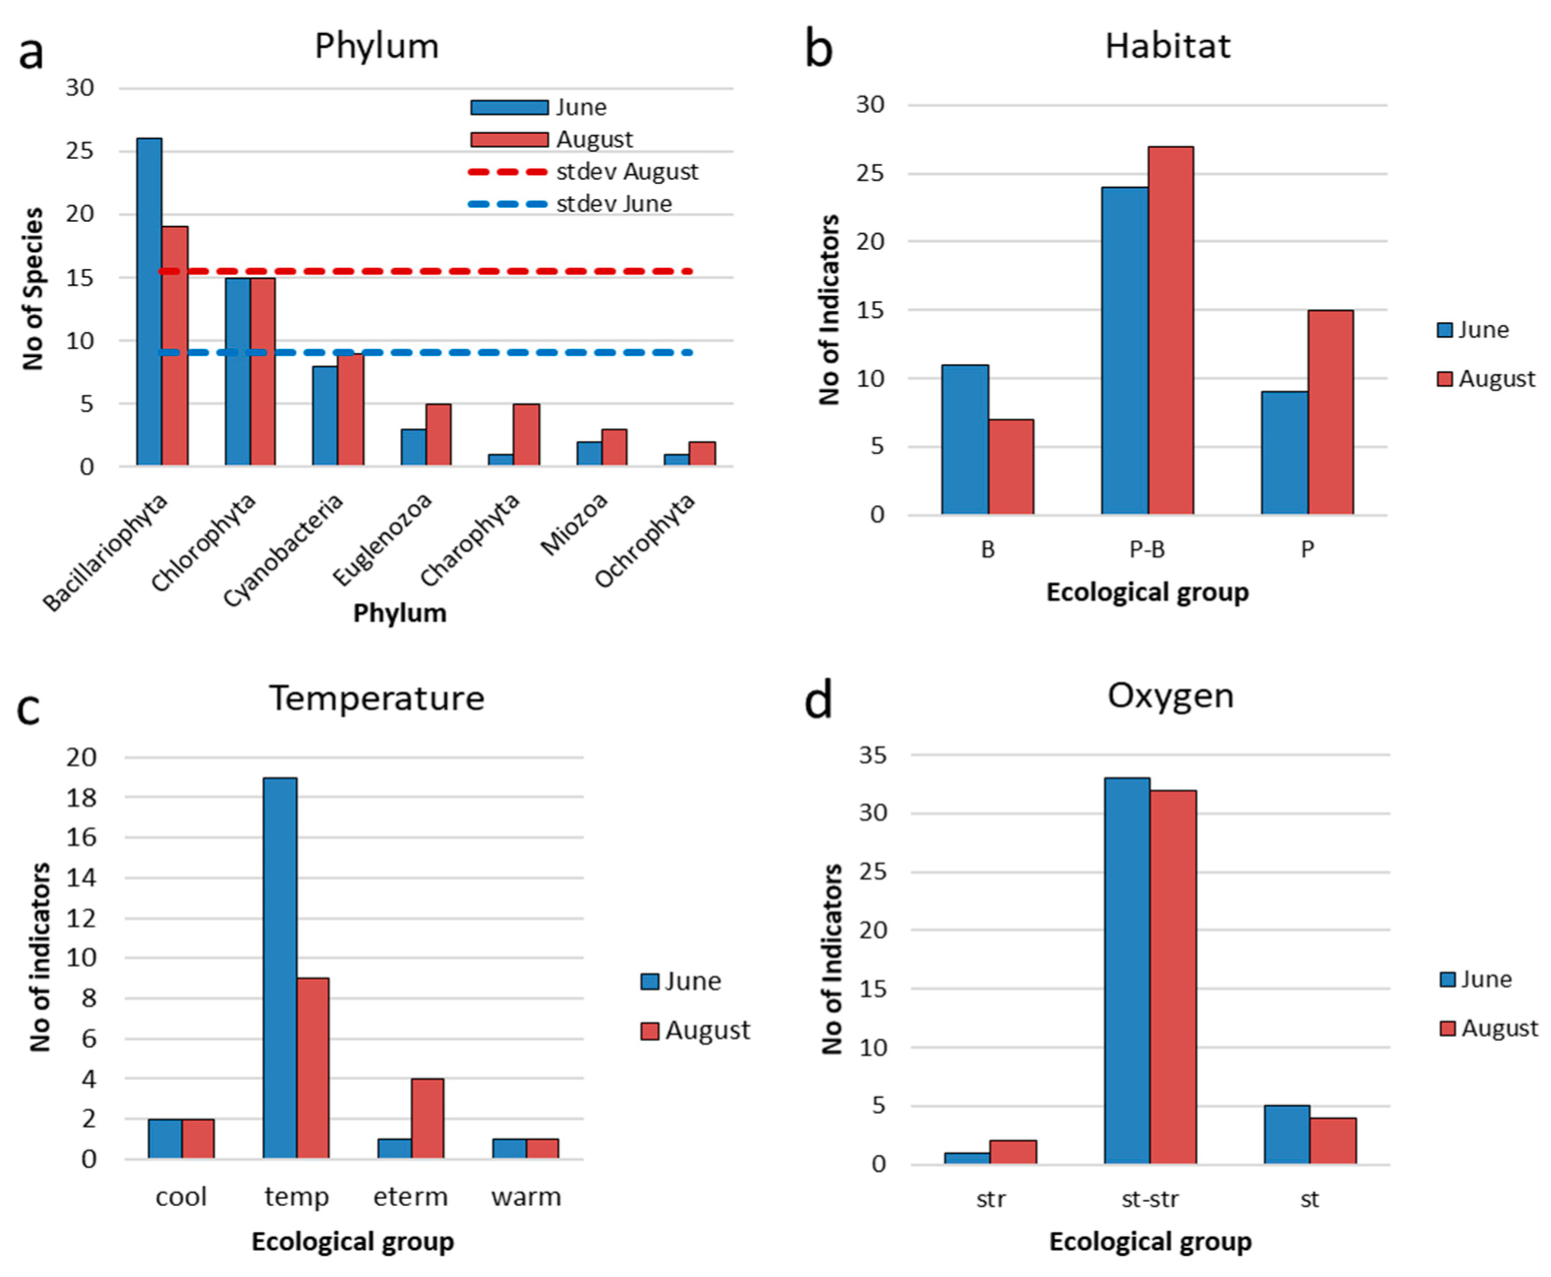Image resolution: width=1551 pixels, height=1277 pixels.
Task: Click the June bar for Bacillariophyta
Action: (x=149, y=301)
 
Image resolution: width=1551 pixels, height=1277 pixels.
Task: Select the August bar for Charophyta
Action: (x=526, y=434)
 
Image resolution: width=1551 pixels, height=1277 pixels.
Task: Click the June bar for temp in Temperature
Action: (x=280, y=968)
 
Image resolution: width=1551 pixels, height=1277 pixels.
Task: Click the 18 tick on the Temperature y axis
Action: (x=81, y=797)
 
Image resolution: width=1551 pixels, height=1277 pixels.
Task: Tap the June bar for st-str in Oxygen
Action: (x=1126, y=971)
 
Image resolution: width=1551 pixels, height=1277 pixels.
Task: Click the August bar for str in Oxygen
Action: (x=1012, y=1152)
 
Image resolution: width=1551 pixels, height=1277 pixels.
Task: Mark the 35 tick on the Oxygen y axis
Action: (x=873, y=754)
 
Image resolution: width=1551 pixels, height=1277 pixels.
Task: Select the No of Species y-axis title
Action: (x=32, y=288)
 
